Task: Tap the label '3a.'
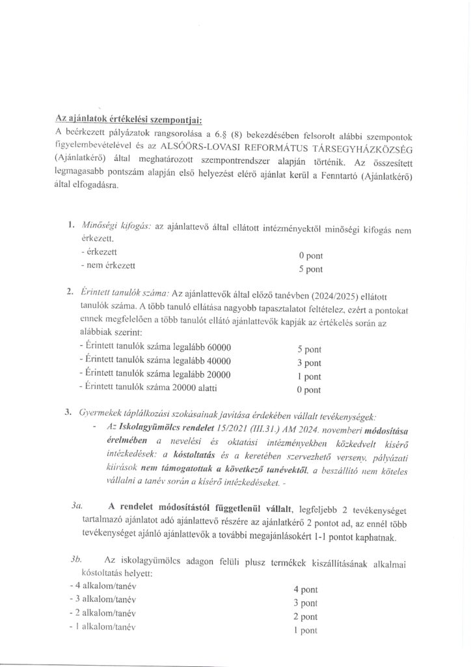pyautogui.click(x=77, y=505)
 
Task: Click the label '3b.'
pyautogui.click(x=77, y=560)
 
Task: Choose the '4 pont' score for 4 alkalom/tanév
pyautogui.click(x=305, y=589)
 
